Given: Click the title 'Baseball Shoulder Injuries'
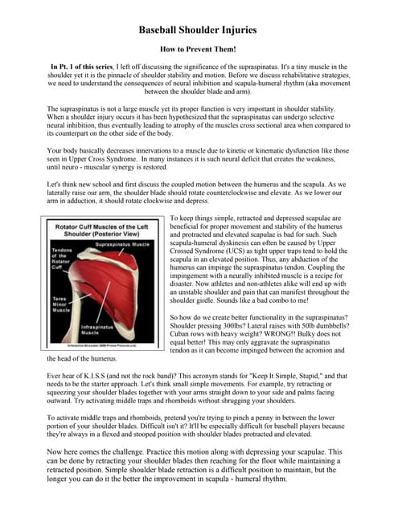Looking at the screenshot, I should point(198,30).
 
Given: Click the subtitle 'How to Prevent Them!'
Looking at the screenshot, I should point(198,50).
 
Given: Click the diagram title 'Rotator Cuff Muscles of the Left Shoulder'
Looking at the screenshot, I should point(104,230).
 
